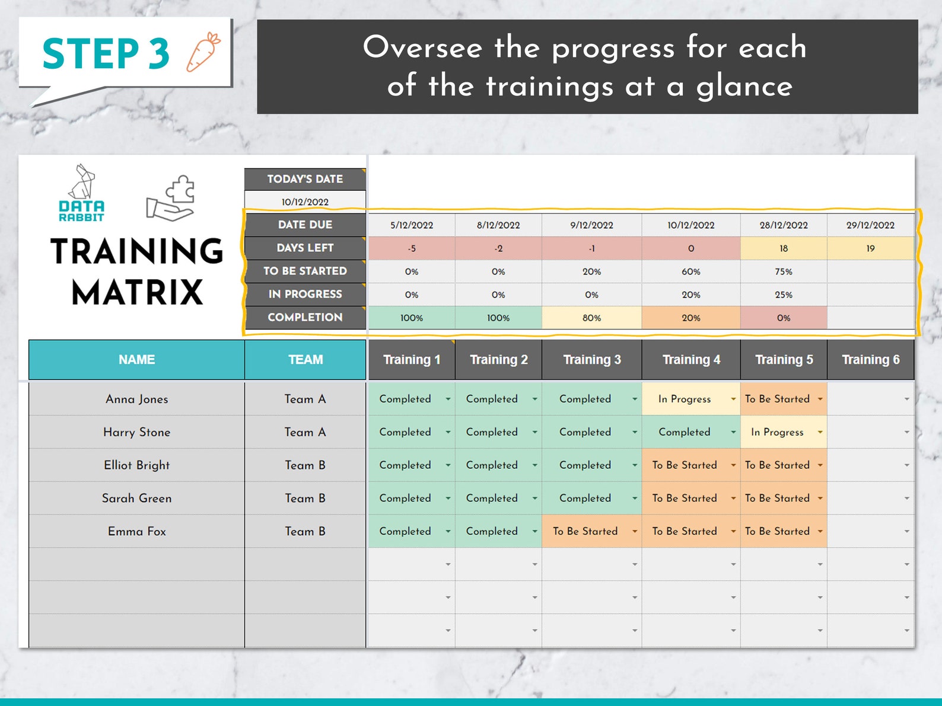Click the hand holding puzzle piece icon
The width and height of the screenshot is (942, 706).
(x=171, y=198)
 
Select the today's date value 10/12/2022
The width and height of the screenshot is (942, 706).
(x=305, y=202)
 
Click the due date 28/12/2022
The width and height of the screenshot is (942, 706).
(x=783, y=225)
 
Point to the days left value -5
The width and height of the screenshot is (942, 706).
(x=411, y=248)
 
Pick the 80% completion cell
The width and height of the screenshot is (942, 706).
(x=591, y=318)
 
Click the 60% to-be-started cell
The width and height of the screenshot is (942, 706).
(x=690, y=271)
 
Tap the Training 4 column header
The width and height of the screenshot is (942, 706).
(x=691, y=360)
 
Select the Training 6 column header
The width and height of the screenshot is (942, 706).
(x=870, y=360)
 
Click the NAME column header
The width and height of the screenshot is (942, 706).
(x=136, y=360)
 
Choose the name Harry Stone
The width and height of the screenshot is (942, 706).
(x=136, y=432)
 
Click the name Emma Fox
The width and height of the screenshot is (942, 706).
(x=136, y=531)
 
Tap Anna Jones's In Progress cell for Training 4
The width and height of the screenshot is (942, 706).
(x=685, y=399)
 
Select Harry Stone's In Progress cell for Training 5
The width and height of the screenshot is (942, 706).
(x=777, y=432)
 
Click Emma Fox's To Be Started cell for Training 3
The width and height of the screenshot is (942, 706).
(x=585, y=531)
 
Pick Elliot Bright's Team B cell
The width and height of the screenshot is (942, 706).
(x=305, y=465)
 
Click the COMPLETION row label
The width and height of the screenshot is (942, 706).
(x=305, y=318)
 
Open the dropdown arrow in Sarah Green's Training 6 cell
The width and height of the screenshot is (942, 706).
(x=906, y=499)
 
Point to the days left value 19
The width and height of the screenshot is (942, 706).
(x=870, y=248)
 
